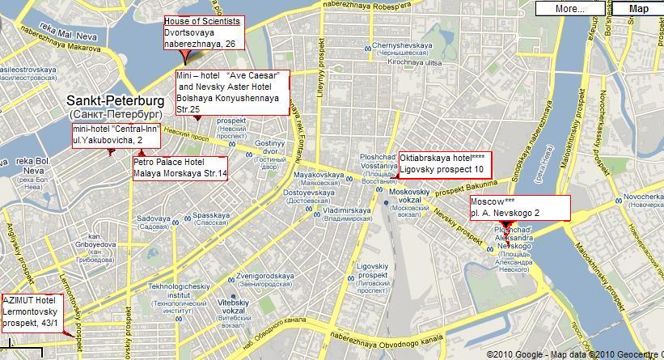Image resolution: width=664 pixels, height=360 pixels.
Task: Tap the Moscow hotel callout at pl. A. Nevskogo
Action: coord(519,207)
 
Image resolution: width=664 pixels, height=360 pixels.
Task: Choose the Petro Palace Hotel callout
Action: coord(180,167)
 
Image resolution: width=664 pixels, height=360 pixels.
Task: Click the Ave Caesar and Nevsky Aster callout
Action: coord(231,92)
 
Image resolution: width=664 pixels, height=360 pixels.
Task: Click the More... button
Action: coord(570,9)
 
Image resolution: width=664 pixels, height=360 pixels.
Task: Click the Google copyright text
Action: coord(575,354)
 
